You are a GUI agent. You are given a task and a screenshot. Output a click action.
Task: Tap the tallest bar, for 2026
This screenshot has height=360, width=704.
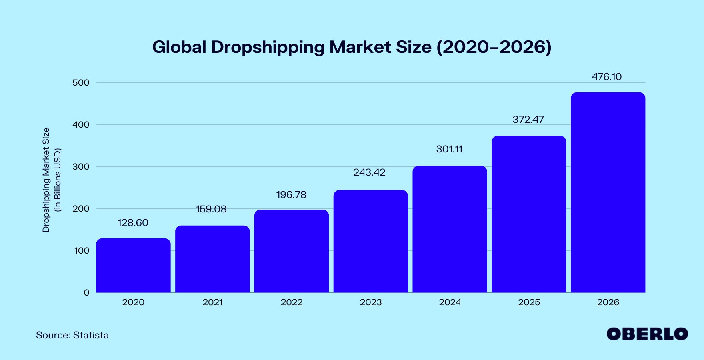click(608, 192)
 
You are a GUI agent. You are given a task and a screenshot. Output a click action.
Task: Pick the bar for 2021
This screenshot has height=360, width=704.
click(212, 259)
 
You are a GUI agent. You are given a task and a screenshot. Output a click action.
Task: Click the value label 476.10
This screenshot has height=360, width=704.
click(606, 77)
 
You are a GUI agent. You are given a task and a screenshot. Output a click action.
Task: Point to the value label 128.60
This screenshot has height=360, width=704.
click(133, 223)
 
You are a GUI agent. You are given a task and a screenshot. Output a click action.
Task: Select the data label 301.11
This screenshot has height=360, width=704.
click(449, 149)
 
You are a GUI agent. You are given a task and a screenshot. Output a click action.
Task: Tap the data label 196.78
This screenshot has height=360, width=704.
click(291, 195)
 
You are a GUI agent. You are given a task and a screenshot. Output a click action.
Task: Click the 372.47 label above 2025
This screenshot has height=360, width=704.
click(528, 120)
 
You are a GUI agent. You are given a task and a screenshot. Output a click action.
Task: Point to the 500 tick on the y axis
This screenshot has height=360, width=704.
click(81, 83)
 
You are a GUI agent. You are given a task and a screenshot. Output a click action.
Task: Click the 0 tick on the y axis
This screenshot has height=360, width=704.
click(86, 293)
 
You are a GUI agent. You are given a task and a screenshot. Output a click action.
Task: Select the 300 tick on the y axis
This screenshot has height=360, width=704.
click(81, 167)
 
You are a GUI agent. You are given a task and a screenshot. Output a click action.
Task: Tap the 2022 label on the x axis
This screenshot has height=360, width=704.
click(292, 302)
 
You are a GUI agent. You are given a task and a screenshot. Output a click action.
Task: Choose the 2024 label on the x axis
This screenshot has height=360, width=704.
click(450, 302)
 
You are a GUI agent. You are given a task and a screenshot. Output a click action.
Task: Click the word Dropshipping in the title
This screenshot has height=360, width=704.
click(268, 47)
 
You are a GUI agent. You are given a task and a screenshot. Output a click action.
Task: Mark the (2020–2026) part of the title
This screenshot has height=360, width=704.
click(494, 47)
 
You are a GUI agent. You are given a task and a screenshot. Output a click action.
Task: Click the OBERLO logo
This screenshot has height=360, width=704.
click(647, 334)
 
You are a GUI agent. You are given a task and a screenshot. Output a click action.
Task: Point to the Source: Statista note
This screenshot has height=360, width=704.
click(72, 335)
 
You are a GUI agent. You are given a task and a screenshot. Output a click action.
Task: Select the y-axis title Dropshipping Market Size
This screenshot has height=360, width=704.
click(46, 180)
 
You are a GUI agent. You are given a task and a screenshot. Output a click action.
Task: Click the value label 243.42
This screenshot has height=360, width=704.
click(369, 172)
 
